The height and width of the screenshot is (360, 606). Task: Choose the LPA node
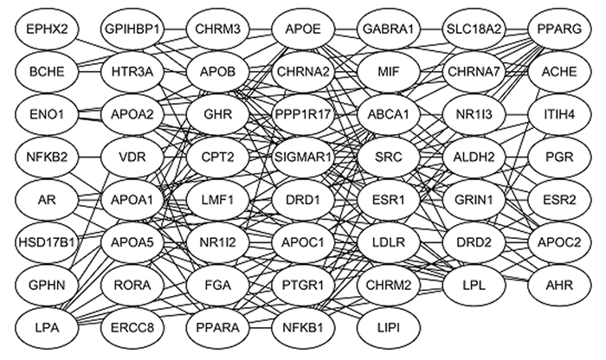tap(47, 327)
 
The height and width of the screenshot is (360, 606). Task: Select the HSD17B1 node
tap(47, 242)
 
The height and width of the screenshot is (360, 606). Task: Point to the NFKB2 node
tap(47, 157)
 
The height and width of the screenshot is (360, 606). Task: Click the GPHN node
tap(47, 285)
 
